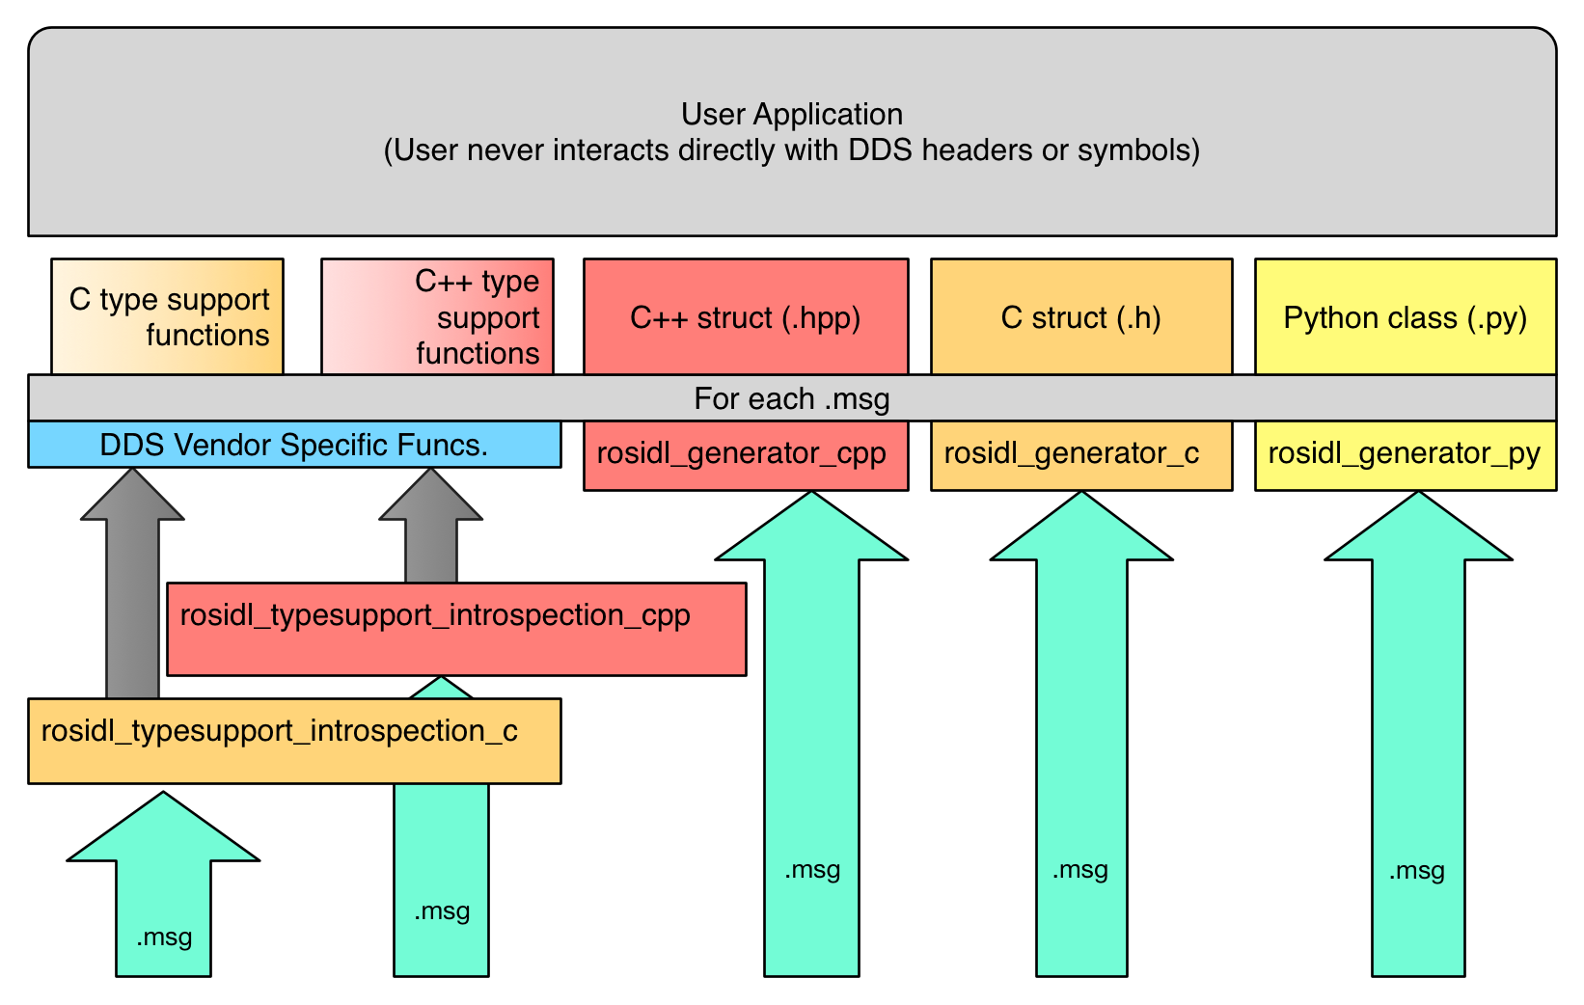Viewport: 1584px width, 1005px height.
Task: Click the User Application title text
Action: pyautogui.click(x=791, y=114)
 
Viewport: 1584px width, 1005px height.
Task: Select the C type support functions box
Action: pyautogui.click(x=167, y=316)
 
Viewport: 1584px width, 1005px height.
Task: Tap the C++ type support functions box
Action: pyautogui.click(x=437, y=316)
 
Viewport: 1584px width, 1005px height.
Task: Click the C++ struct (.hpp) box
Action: pyautogui.click(x=746, y=316)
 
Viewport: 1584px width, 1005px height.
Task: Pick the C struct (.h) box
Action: pyautogui.click(x=1080, y=316)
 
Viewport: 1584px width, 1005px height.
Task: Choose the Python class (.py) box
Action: pyautogui.click(x=1405, y=316)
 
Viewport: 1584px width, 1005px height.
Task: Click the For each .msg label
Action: pyautogui.click(x=791, y=398)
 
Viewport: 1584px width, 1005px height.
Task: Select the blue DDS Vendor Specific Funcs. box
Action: pyautogui.click(x=294, y=445)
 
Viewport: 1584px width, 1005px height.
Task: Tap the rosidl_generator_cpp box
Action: pyautogui.click(x=746, y=454)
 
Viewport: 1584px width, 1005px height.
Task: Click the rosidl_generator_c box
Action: pyautogui.click(x=1080, y=454)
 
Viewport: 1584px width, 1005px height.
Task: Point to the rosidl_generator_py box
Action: pyautogui.click(x=1405, y=454)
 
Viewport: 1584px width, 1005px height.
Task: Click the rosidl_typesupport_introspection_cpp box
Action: pyautogui.click(x=455, y=628)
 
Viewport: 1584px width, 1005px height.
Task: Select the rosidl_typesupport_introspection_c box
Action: pyautogui.click(x=294, y=740)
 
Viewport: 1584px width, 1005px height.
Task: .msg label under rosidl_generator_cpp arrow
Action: pyautogui.click(x=812, y=870)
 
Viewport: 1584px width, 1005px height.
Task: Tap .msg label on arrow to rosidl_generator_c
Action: pyautogui.click(x=1080, y=870)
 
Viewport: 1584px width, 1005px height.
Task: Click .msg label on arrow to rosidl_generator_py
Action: pyautogui.click(x=1417, y=871)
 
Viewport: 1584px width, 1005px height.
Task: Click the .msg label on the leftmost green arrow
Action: pyautogui.click(x=164, y=937)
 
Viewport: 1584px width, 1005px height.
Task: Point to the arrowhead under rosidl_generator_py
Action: pyautogui.click(x=1417, y=530)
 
